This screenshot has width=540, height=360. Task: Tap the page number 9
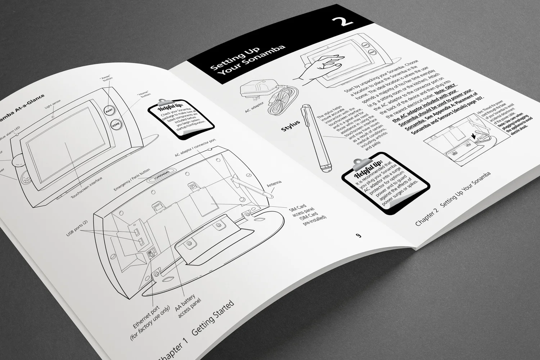coord(358,236)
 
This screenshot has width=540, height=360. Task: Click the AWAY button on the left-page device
coord(108,111)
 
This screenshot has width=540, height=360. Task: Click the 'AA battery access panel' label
coord(187,305)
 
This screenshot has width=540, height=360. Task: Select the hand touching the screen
coord(319,66)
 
